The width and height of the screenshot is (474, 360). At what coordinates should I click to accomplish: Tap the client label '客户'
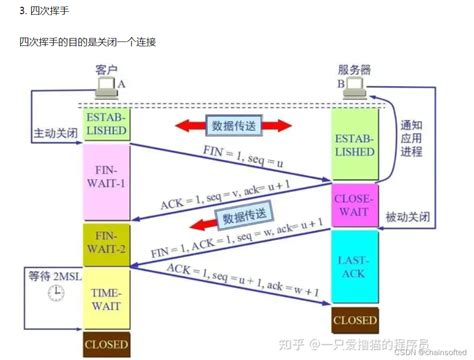pyautogui.click(x=106, y=69)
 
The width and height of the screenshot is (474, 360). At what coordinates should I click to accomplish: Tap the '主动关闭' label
pyautogui.click(x=48, y=132)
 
